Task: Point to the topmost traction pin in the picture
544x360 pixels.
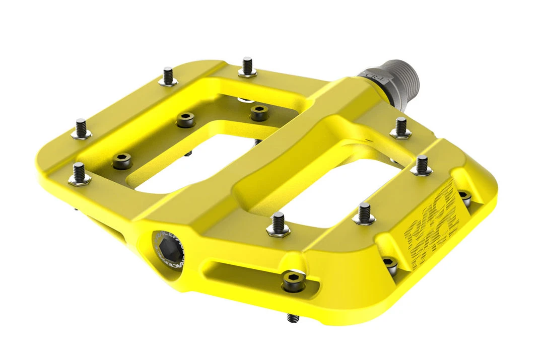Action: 247,66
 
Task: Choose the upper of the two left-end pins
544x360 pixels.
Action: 81,128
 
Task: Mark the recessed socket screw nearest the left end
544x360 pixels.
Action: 121,161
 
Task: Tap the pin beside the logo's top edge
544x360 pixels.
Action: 422,166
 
